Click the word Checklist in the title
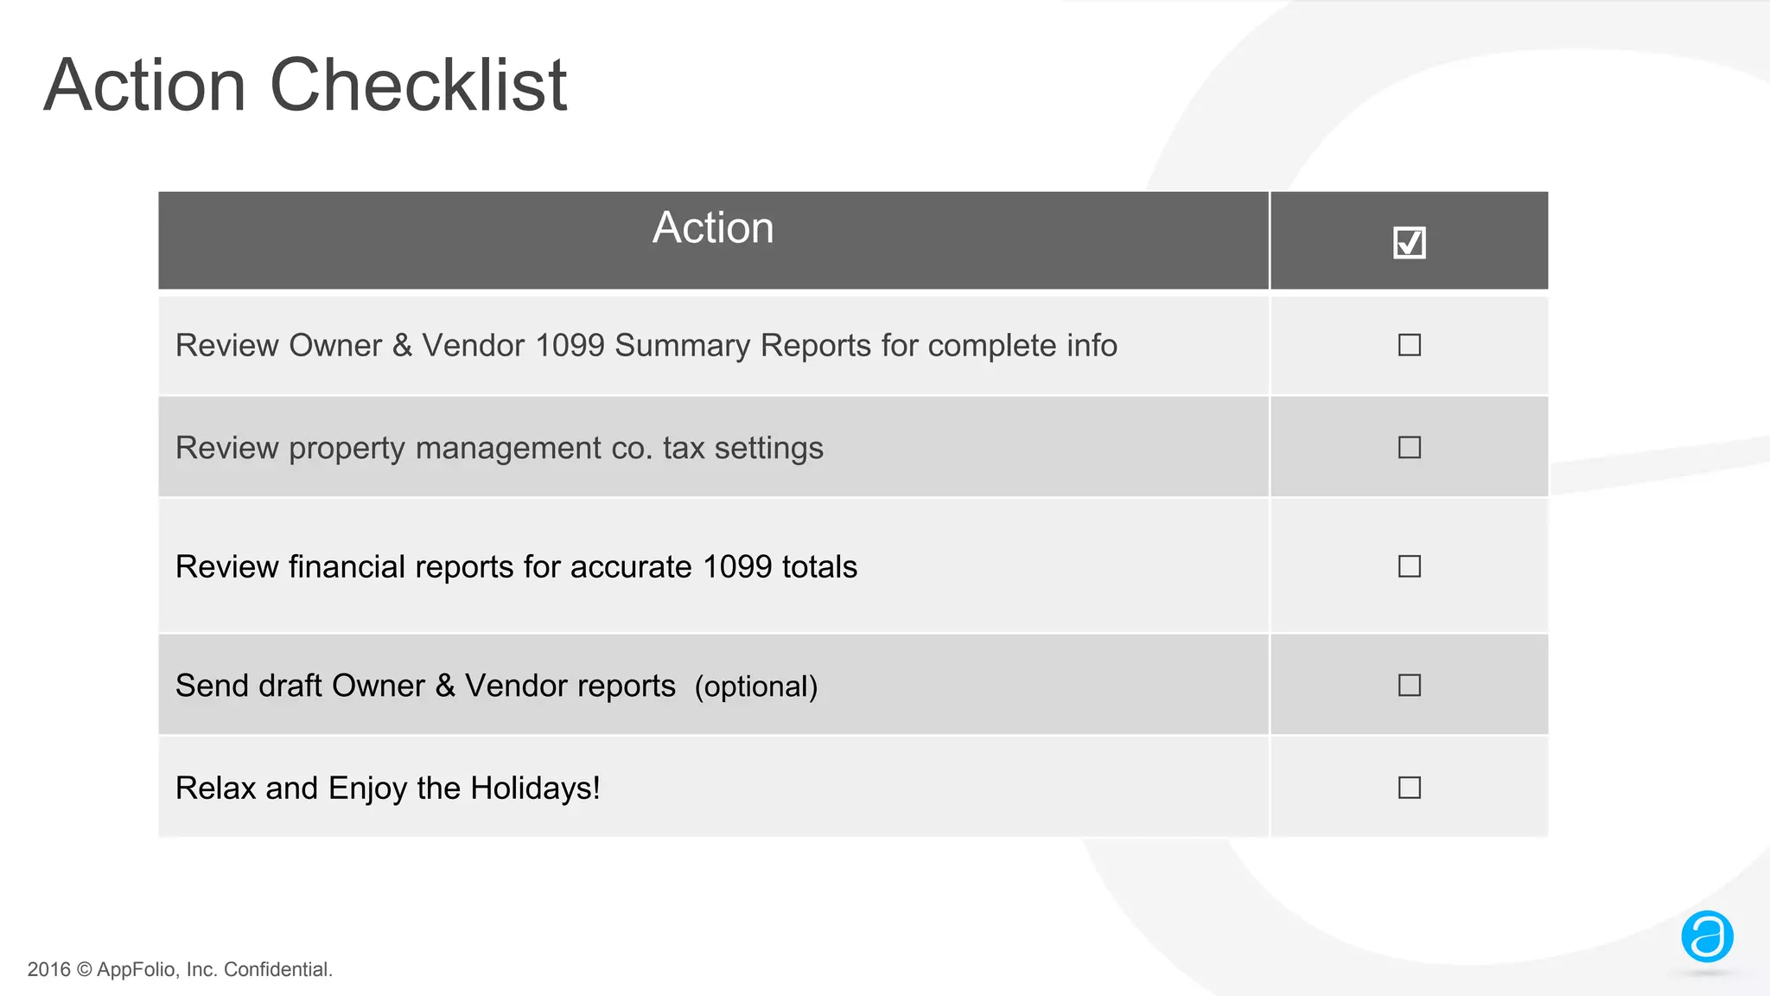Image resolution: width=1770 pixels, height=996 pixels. [x=418, y=85]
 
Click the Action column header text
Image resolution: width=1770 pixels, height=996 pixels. [x=713, y=227]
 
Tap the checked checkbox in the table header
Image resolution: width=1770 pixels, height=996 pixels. [x=1409, y=243]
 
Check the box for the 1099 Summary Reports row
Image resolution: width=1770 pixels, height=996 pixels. [x=1409, y=345]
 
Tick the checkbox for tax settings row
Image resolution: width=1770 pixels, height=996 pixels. [x=1409, y=447]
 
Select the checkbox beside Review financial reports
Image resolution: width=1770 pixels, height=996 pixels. [x=1409, y=566]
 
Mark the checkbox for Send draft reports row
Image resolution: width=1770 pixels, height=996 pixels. [x=1409, y=686]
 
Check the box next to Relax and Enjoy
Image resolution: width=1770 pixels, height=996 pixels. [x=1409, y=788]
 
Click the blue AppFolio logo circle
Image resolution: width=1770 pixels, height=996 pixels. [x=1707, y=936]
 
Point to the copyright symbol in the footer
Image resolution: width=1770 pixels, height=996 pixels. [x=84, y=970]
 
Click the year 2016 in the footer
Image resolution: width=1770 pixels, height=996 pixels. [x=49, y=970]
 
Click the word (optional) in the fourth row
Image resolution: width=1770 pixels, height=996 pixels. [x=756, y=686]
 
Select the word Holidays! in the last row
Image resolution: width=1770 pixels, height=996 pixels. [x=535, y=788]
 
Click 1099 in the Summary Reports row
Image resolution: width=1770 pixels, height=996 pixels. [x=570, y=346]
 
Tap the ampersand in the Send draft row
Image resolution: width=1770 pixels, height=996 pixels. [x=445, y=686]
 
